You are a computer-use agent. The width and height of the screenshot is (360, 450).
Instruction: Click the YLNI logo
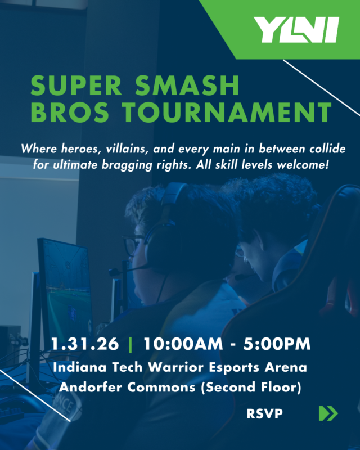tap(295, 29)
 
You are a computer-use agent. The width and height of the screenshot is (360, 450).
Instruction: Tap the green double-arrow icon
tap(328, 413)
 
